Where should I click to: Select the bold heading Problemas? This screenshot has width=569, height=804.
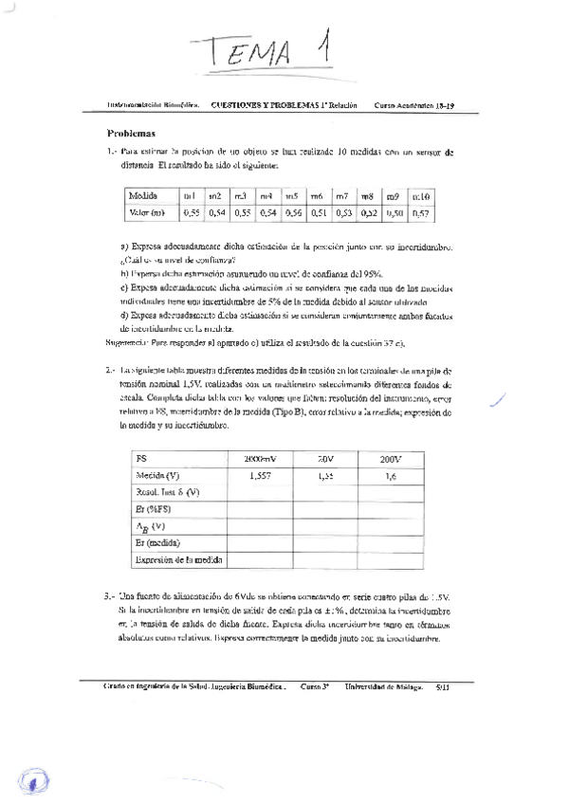tap(132, 134)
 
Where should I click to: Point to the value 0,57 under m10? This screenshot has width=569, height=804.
tap(420, 213)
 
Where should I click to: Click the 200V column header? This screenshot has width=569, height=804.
tap(391, 459)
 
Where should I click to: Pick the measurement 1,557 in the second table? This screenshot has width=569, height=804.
tap(259, 476)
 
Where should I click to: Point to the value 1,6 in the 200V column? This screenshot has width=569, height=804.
tap(390, 476)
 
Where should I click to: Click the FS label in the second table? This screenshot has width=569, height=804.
tap(142, 459)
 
